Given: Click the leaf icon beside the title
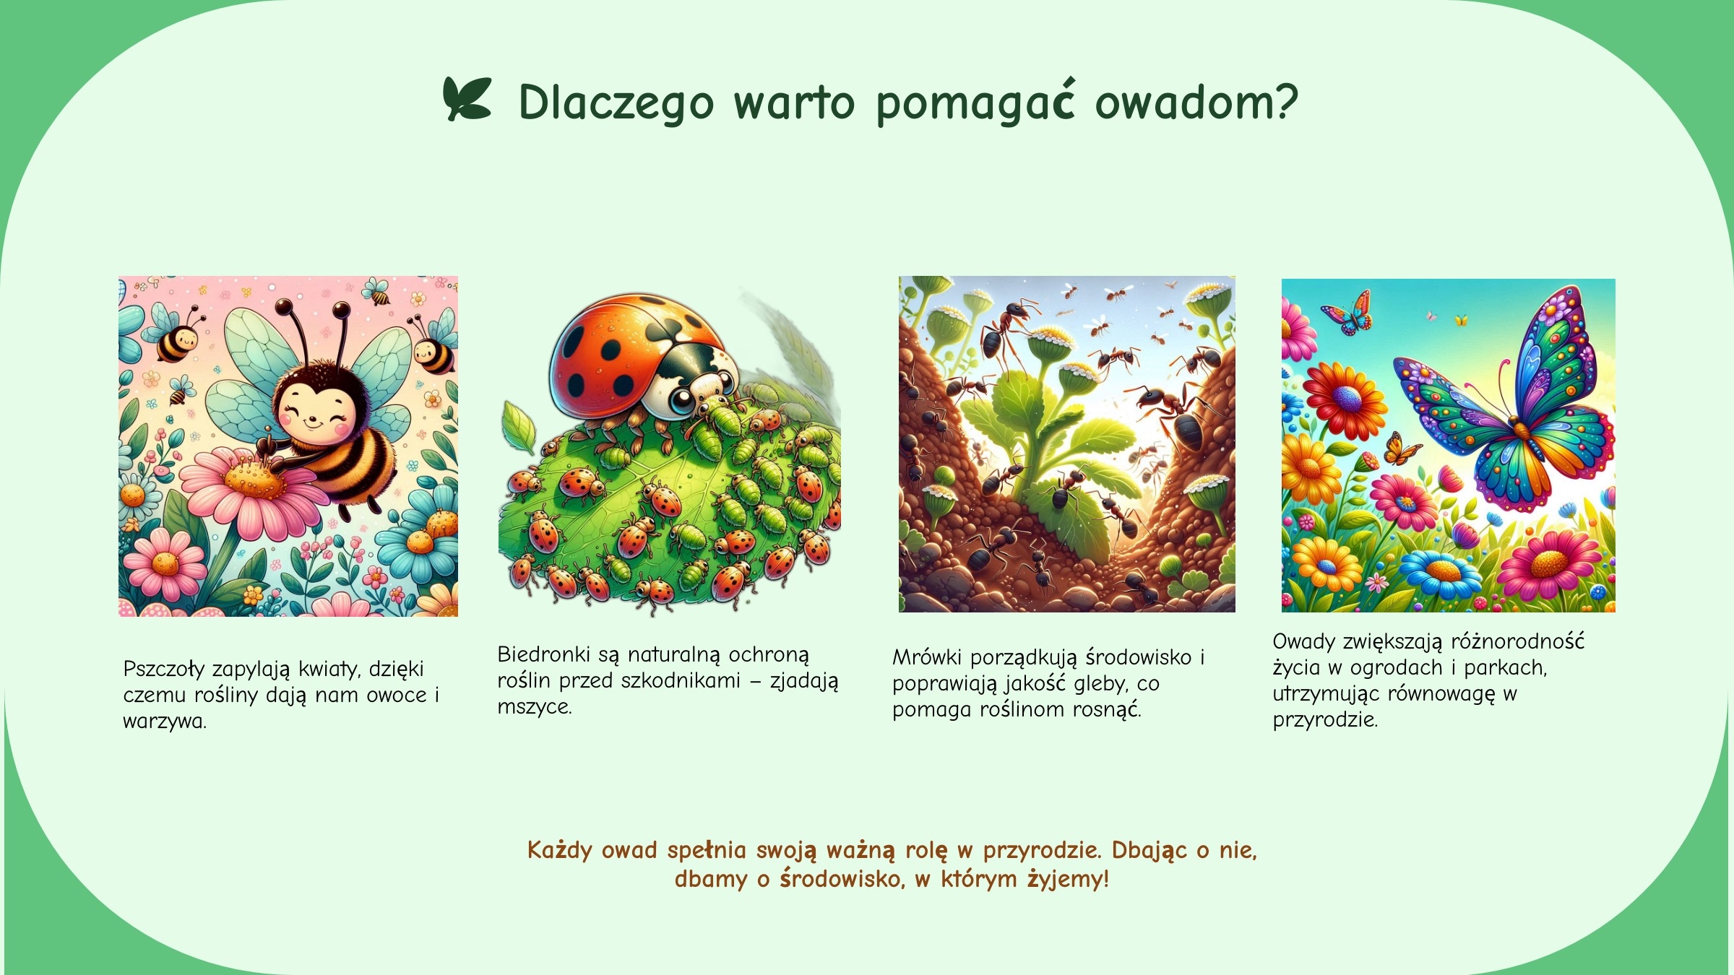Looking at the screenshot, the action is pyautogui.click(x=467, y=99).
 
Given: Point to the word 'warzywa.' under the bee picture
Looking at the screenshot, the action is pyautogui.click(x=165, y=721).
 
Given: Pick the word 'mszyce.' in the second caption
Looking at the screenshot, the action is pyautogui.click(x=535, y=707).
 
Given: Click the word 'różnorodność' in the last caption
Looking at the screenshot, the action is pyautogui.click(x=1518, y=641).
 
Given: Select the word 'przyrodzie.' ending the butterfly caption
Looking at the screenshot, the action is pyautogui.click(x=1325, y=720).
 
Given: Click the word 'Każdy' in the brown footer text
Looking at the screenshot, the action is pyautogui.click(x=560, y=851).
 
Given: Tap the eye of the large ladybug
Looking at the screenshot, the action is pyautogui.click(x=681, y=401).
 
